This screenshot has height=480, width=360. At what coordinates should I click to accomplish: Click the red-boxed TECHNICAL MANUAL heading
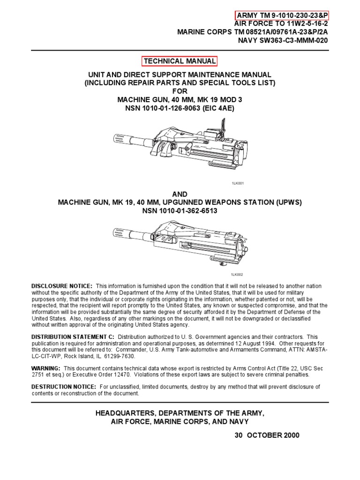(x=180, y=61)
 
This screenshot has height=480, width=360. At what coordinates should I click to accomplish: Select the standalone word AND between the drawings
(x=180, y=194)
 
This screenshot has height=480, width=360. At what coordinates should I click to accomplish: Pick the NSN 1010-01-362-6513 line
(x=180, y=211)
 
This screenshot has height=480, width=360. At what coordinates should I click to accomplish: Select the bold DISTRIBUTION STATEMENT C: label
(x=73, y=337)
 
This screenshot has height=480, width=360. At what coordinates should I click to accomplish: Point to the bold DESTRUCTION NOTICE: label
(x=64, y=387)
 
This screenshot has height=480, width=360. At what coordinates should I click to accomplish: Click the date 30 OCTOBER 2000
(x=267, y=435)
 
